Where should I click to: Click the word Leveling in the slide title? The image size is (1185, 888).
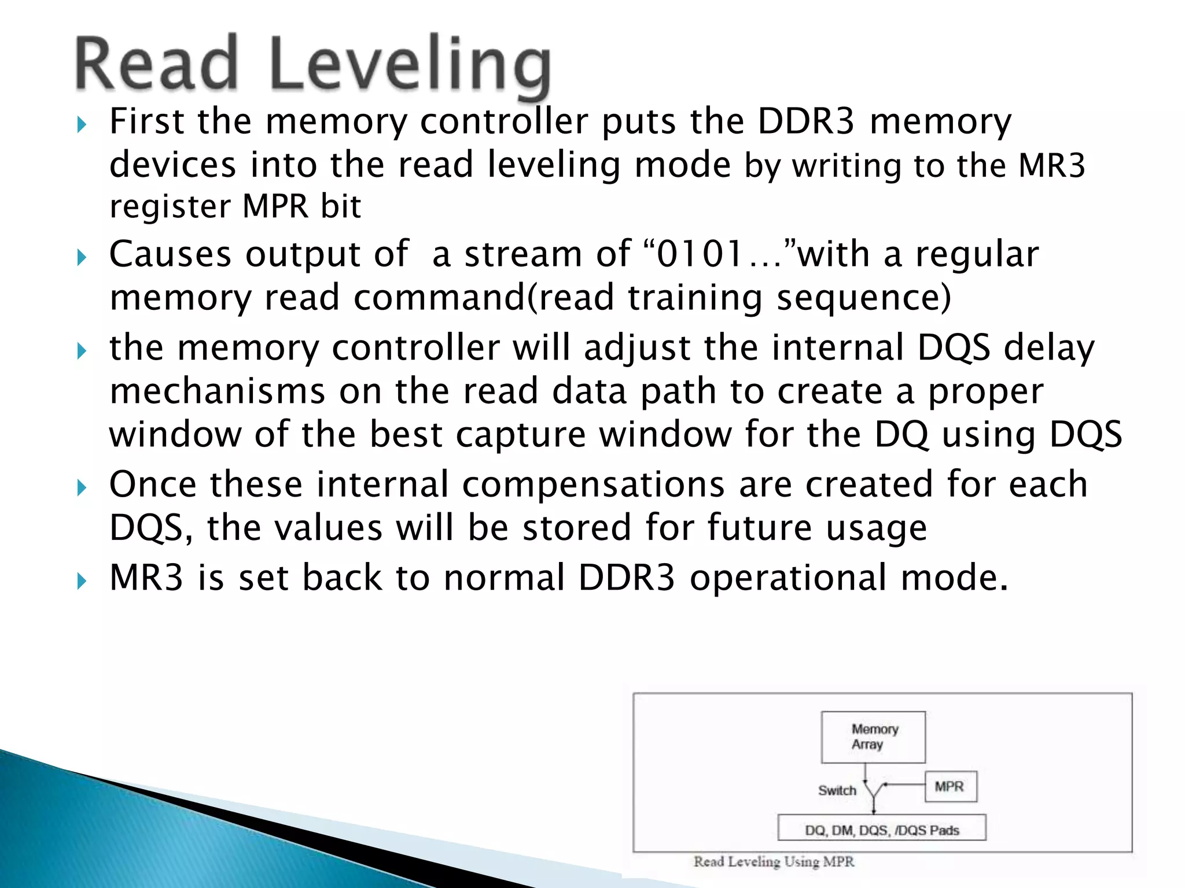[410, 65]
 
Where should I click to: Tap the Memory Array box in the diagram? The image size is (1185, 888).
[873, 737]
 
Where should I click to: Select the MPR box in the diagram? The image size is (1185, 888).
[951, 786]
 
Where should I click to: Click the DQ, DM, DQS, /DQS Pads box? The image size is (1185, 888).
[882, 830]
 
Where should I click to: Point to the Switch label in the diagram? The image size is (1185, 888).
[837, 790]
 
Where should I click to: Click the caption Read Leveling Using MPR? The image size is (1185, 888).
[774, 862]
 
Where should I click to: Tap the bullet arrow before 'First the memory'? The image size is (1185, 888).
[82, 124]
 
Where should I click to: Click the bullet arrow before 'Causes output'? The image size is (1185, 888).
[82, 257]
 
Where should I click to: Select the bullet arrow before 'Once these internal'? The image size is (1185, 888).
[82, 487]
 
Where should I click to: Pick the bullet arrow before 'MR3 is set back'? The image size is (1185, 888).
[82, 581]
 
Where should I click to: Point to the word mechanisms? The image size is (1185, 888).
[217, 392]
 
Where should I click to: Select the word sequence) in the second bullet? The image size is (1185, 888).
[863, 298]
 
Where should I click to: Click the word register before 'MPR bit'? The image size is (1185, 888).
[169, 206]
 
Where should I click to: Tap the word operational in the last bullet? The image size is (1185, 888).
[789, 578]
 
